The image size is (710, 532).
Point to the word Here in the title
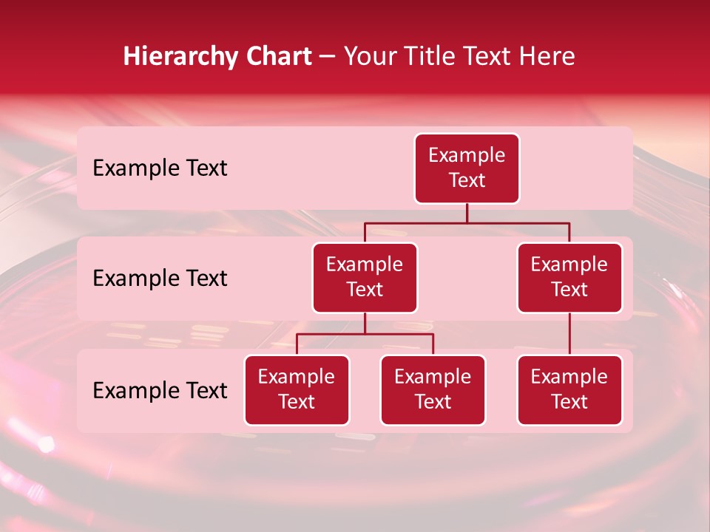(547, 56)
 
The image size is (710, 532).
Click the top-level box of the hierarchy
(467, 168)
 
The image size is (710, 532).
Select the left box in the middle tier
(365, 277)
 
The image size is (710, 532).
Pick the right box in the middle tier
(569, 277)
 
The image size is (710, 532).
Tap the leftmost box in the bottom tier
(297, 389)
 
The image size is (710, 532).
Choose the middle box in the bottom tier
(433, 389)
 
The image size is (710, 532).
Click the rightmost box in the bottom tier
(569, 389)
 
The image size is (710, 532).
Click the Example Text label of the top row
(160, 168)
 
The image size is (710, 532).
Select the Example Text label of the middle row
(160, 278)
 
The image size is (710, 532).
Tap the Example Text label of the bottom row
(160, 390)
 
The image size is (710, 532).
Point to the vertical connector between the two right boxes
(569, 334)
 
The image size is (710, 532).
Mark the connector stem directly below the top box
(467, 213)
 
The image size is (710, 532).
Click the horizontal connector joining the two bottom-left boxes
(365, 334)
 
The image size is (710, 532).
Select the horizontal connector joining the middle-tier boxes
(467, 222)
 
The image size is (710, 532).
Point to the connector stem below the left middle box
(365, 324)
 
